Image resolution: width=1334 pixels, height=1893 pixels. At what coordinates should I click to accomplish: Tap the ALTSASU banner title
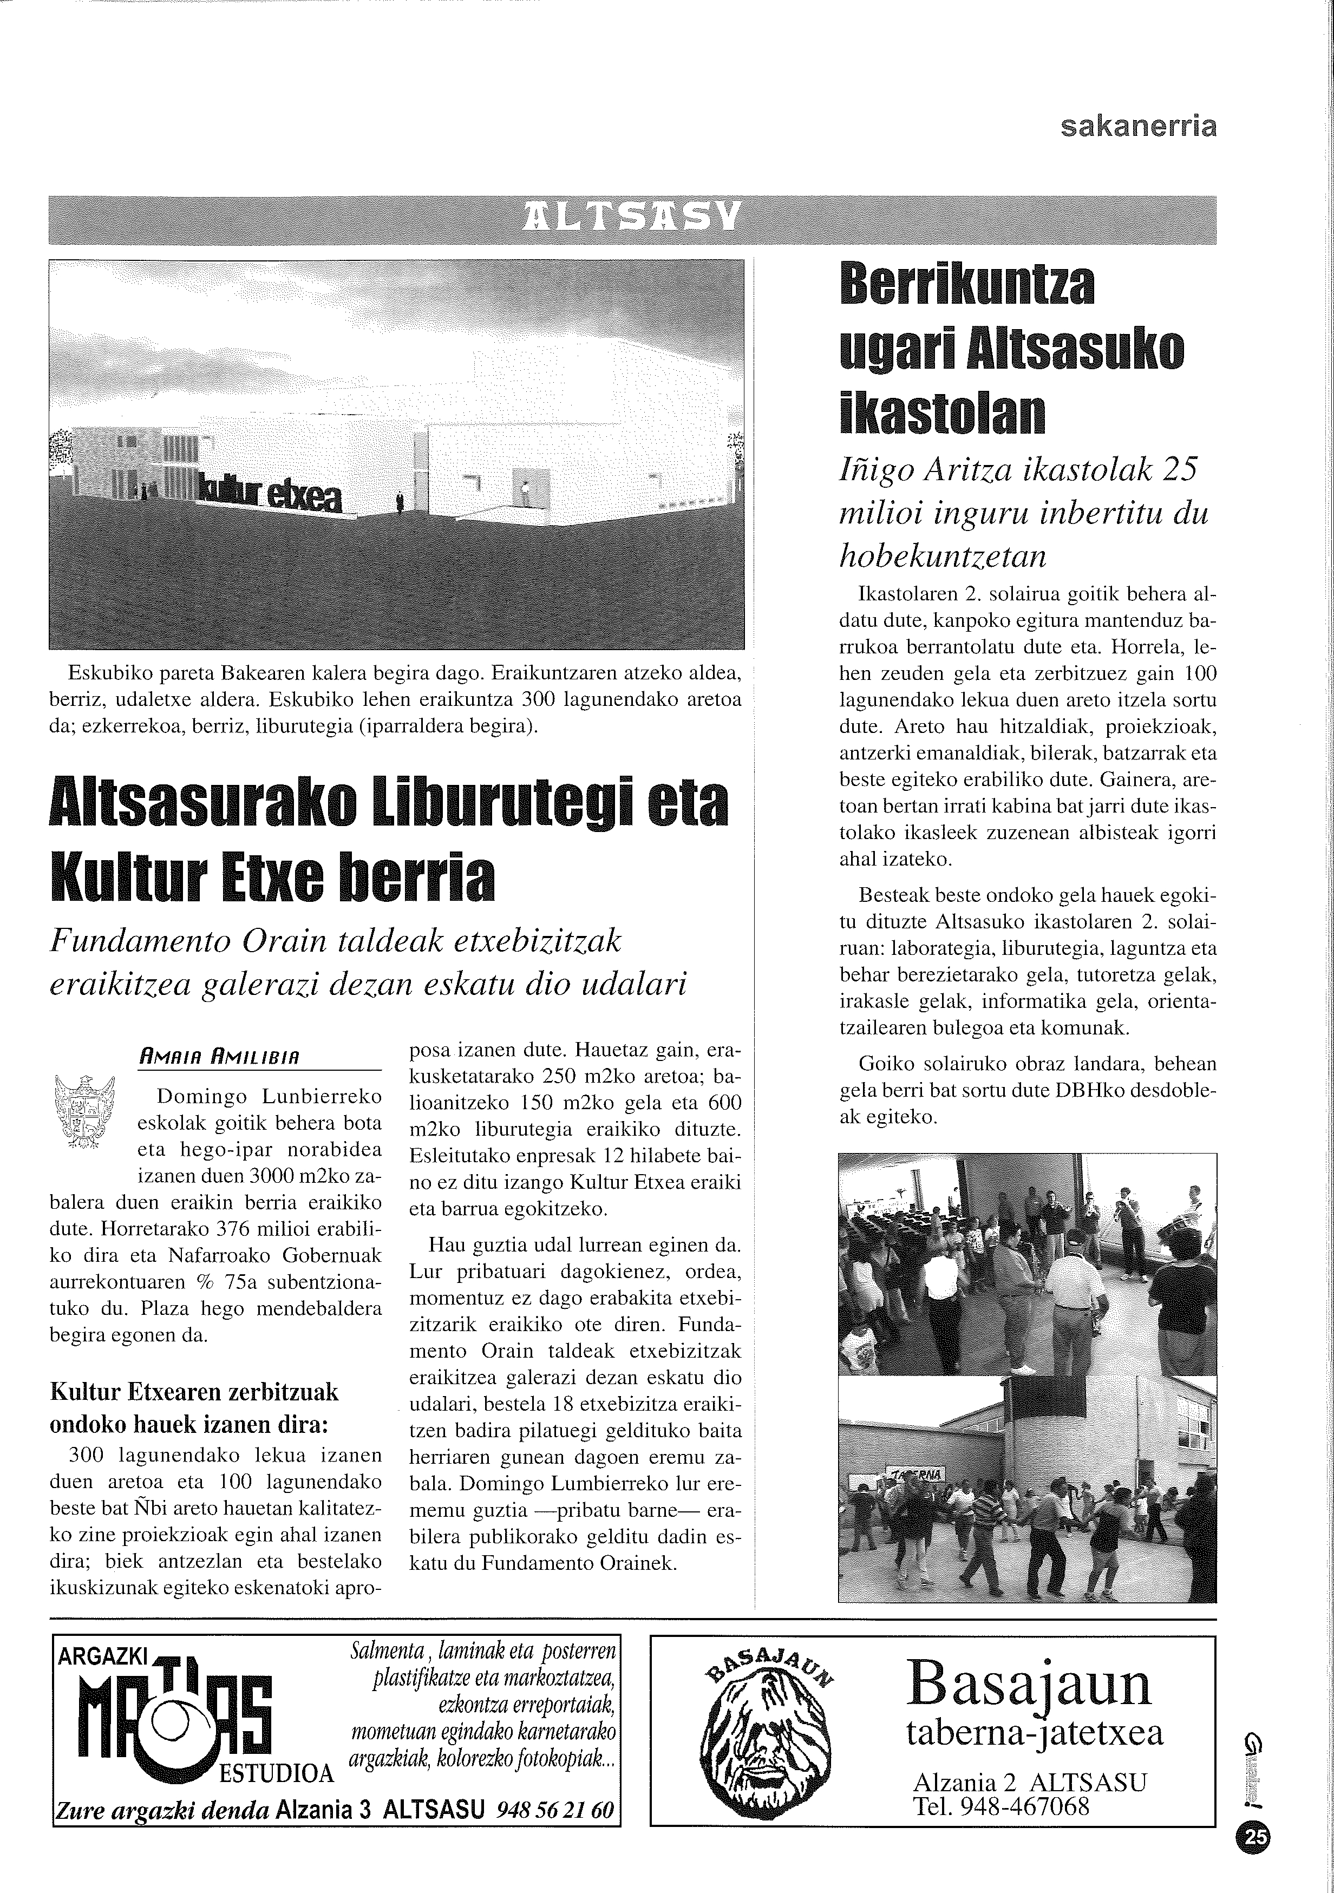click(633, 219)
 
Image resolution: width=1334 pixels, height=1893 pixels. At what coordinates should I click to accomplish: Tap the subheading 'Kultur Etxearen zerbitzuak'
click(194, 1392)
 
